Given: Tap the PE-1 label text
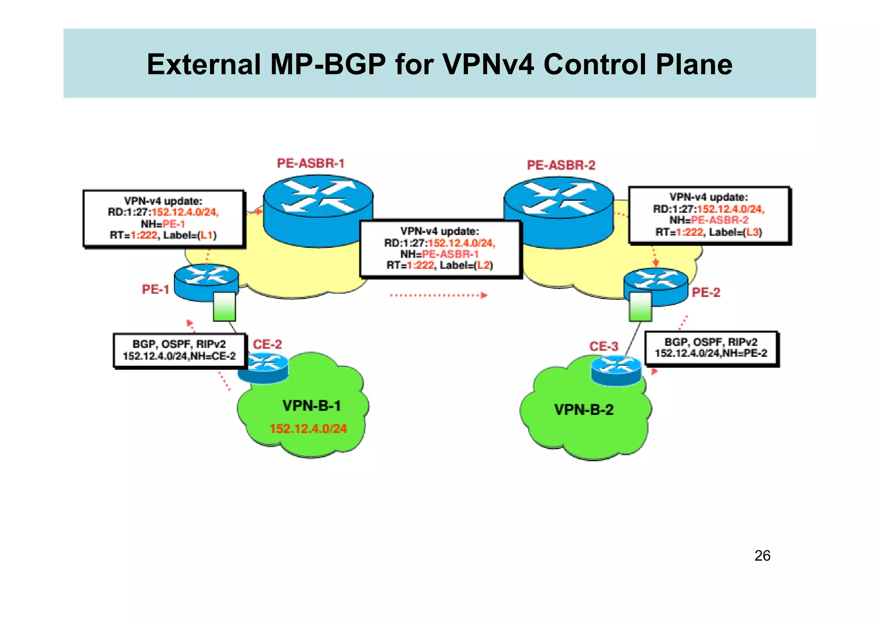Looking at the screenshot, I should point(156,290).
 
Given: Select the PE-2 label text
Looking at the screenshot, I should point(706,293).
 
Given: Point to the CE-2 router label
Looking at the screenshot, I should point(267,345).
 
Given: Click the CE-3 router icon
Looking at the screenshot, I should point(616,370).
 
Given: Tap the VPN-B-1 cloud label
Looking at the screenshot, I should point(312,406).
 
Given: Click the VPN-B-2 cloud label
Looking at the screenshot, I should point(584,410).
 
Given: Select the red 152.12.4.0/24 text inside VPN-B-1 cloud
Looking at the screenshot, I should point(308,429).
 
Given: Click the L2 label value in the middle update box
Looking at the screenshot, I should point(484,265).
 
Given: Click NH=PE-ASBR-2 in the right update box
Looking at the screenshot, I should point(709,220).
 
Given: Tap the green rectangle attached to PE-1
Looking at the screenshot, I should point(224,306).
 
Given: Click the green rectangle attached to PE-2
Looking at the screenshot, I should point(640,307).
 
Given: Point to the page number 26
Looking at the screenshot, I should point(762,556).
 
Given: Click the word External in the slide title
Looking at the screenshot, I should point(204,64).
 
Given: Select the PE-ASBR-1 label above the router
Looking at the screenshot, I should point(311,163).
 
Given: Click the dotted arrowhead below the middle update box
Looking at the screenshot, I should point(484,295).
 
